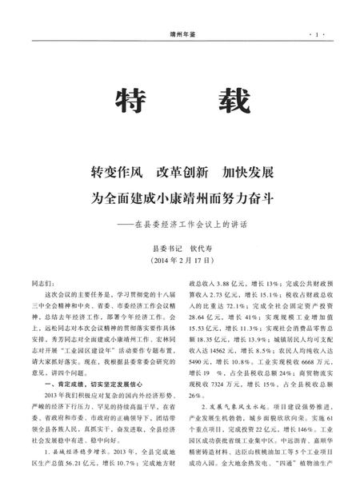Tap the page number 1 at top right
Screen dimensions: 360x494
318,35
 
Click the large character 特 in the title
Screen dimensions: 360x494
131,102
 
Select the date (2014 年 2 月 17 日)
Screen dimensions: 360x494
180,261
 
